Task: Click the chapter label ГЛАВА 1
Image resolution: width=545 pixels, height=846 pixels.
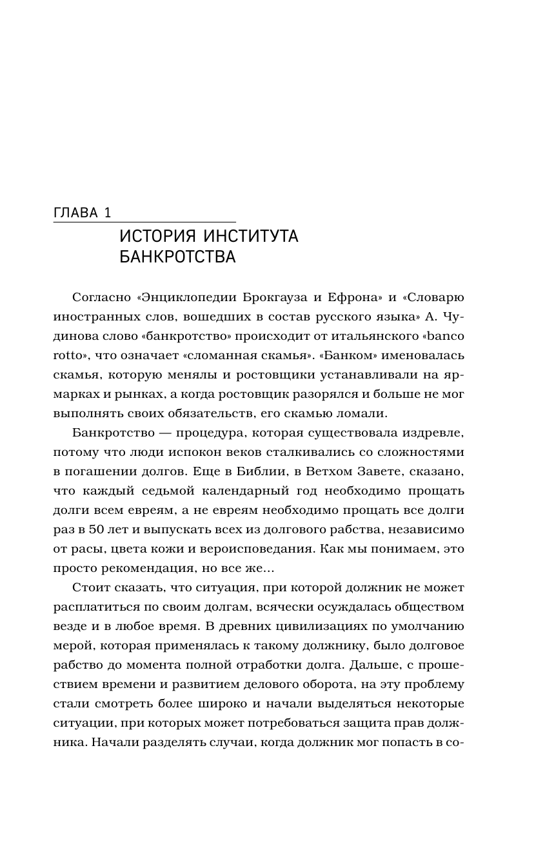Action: [x=83, y=213]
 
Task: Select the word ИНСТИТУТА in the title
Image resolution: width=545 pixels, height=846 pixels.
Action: [x=253, y=237]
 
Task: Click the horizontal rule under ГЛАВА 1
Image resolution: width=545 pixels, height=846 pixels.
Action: [x=144, y=223]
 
